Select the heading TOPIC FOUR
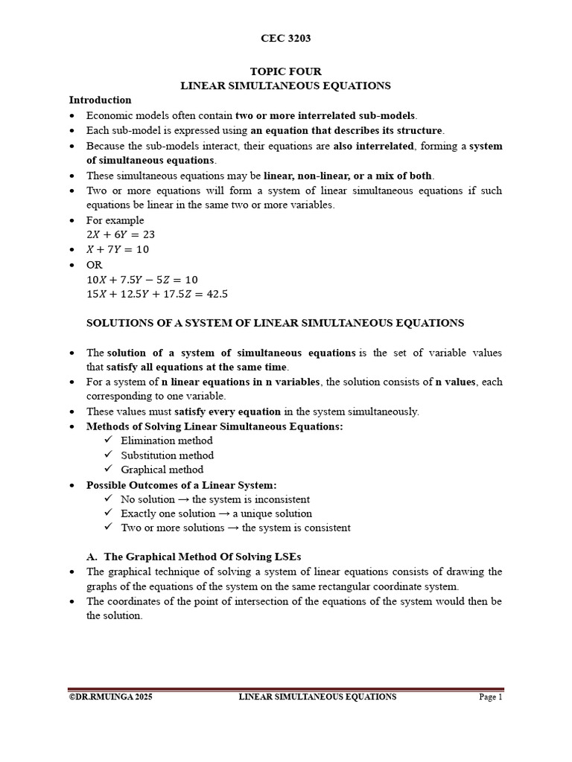click(x=285, y=71)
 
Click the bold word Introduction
click(x=100, y=100)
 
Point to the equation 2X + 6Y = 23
click(x=121, y=235)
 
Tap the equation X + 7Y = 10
click(x=118, y=250)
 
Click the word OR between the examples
click(x=95, y=265)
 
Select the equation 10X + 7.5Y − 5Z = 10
click(x=142, y=280)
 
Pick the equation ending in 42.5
click(x=157, y=294)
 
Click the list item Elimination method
click(x=166, y=441)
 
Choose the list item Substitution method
click(x=167, y=455)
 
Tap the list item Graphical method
click(x=162, y=470)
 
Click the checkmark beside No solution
click(x=109, y=499)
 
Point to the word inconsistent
click(x=280, y=499)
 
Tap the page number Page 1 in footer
click(x=490, y=697)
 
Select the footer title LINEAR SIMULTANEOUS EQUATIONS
click(x=317, y=697)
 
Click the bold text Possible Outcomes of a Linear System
click(x=181, y=484)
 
